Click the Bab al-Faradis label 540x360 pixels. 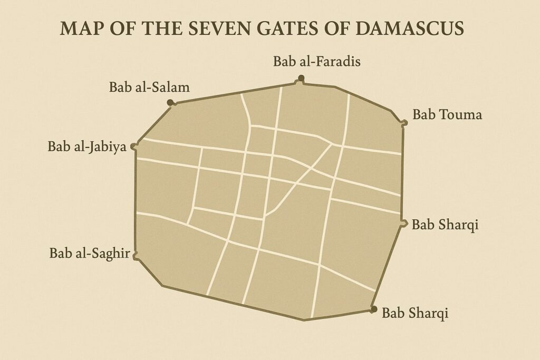316,62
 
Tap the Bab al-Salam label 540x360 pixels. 149,87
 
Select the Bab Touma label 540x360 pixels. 447,114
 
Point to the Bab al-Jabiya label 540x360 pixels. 87,146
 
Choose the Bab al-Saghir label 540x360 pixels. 90,253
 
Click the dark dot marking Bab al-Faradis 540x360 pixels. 301,79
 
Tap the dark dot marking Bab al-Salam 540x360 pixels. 170,102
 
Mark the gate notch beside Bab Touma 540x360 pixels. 404,123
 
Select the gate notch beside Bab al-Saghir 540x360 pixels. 136,256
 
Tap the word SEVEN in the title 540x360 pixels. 208,28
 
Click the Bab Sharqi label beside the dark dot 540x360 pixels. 415,313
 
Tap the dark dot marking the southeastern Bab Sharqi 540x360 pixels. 374,309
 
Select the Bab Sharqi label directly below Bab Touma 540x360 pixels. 445,225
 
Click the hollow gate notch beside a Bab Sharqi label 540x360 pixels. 404,223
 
